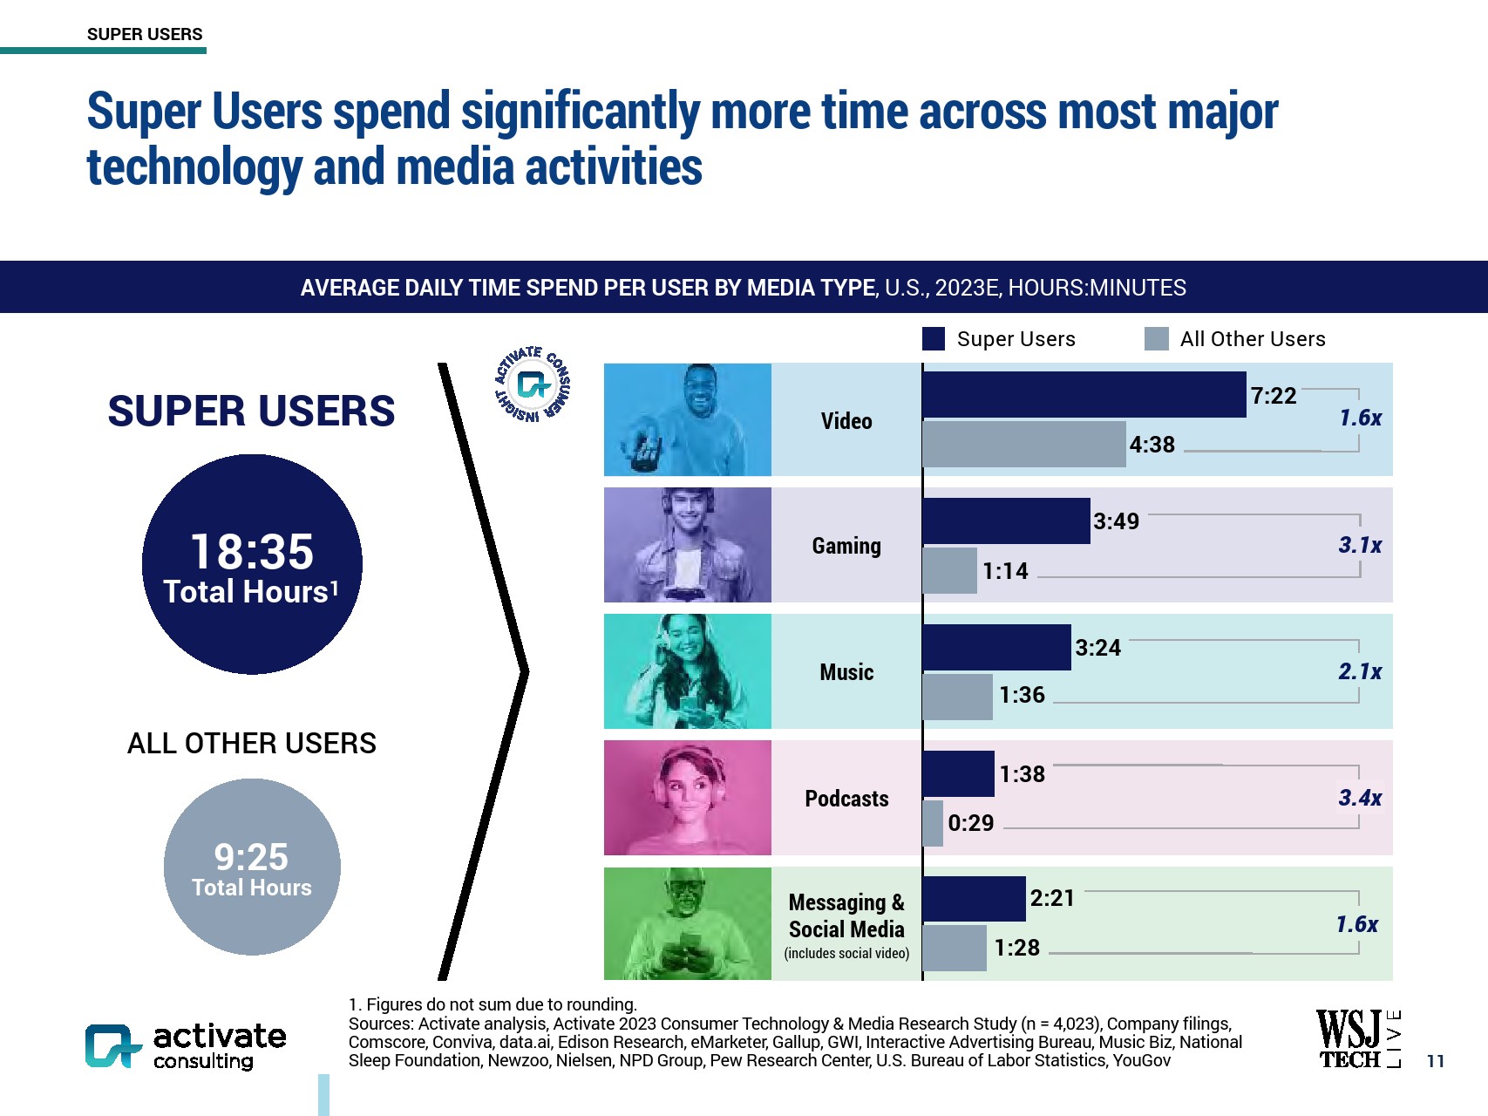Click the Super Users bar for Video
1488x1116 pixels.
tap(1084, 395)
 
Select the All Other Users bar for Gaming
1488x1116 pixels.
tap(950, 571)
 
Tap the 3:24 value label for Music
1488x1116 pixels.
tap(1097, 648)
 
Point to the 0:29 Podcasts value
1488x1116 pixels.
tap(970, 823)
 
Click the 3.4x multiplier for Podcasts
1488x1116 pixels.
tap(1359, 798)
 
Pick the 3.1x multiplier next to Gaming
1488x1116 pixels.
tap(1359, 546)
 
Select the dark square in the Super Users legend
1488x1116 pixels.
tap(934, 339)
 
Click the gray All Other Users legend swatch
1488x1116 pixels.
tap(1156, 339)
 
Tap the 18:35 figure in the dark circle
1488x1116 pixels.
tap(252, 552)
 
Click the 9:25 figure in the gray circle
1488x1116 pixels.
tap(251, 857)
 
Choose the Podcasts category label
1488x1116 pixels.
tap(846, 799)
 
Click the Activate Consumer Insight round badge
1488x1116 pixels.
tap(532, 384)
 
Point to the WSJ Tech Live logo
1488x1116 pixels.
tap(1357, 1038)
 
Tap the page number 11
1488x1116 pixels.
tap(1435, 1061)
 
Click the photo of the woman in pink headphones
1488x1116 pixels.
tap(688, 798)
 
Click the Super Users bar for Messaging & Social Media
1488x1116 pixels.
tap(974, 899)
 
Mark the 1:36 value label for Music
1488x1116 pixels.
tap(1022, 695)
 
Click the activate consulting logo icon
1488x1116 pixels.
tap(112, 1045)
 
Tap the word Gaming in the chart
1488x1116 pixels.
tap(846, 546)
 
